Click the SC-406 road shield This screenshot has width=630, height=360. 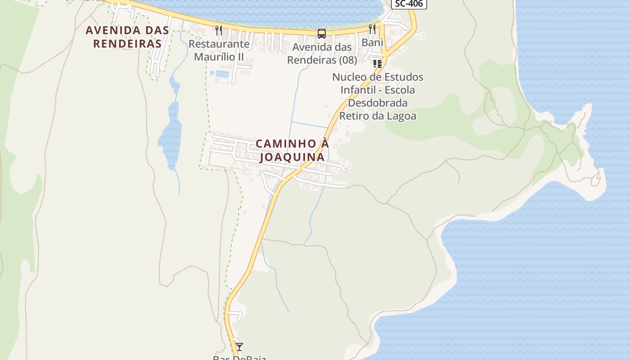tap(409, 4)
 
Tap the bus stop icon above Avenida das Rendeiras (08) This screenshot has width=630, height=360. tap(322, 33)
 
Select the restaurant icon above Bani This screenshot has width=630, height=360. tap(372, 29)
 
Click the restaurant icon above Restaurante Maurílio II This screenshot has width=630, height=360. tap(219, 30)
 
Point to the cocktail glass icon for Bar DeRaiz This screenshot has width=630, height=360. tap(239, 346)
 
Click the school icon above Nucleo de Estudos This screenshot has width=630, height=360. tap(377, 64)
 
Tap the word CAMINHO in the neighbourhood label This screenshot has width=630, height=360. tap(286, 144)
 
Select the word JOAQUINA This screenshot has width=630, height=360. tap(292, 157)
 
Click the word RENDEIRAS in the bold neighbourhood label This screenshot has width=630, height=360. tap(127, 44)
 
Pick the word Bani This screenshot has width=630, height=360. tap(372, 43)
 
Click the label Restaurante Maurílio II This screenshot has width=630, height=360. tap(219, 50)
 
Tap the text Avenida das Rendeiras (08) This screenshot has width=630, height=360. tap(322, 53)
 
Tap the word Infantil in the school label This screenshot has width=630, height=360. tap(358, 90)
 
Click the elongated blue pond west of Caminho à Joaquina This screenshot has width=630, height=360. tap(171, 130)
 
